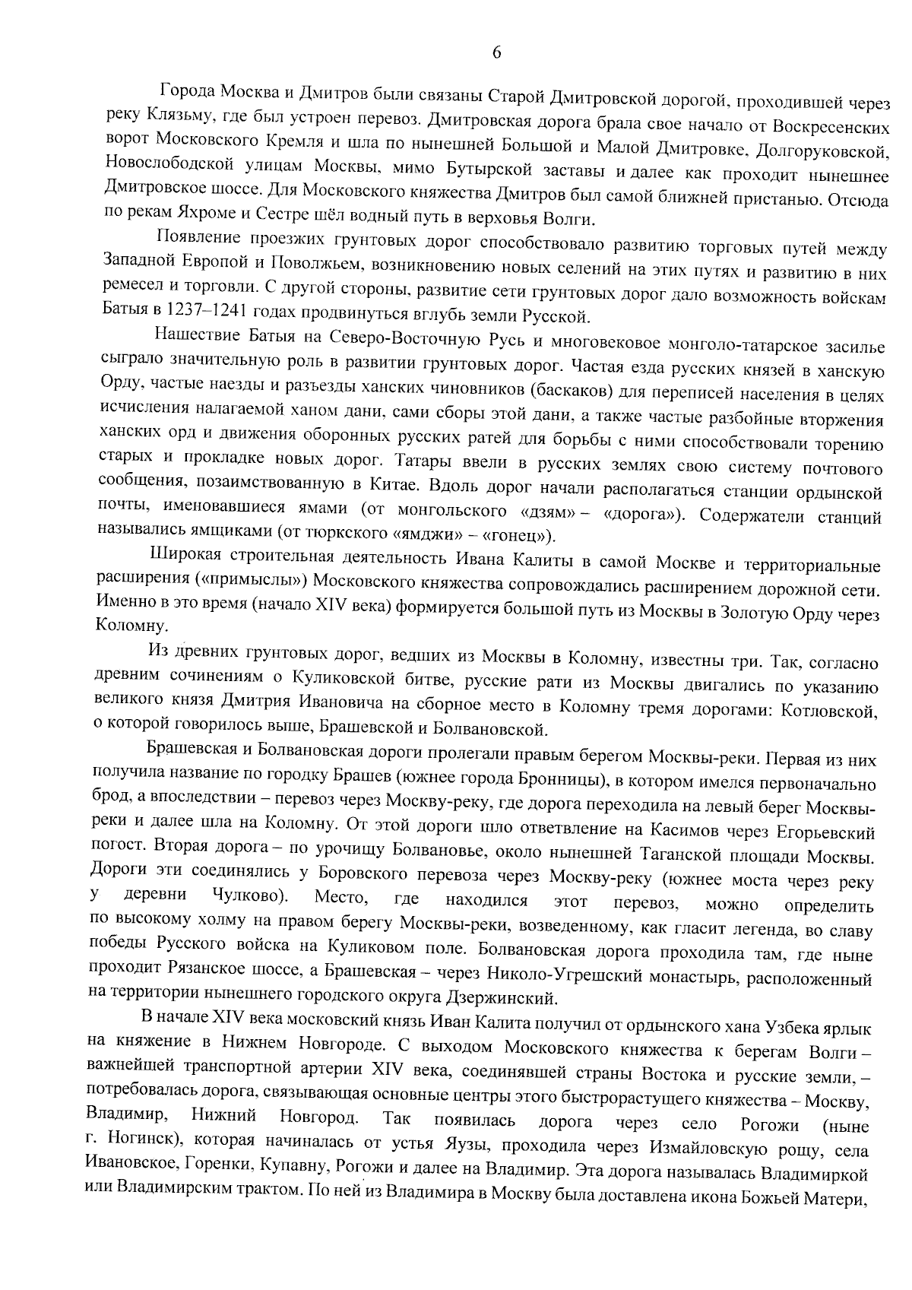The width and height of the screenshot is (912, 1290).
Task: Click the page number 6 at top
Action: [x=496, y=53]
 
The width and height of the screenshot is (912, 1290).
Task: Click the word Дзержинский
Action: [x=502, y=997]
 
